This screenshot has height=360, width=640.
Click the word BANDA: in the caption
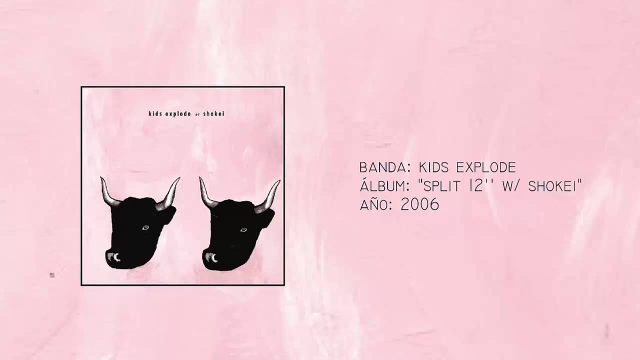[x=381, y=167]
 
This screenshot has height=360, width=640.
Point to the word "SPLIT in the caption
[x=438, y=186]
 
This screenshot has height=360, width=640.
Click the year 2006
[x=419, y=204]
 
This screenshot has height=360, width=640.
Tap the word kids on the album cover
[x=156, y=113]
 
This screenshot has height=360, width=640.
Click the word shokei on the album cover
[x=214, y=113]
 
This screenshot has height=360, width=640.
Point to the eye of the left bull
[x=145, y=228]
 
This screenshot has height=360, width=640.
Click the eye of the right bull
[x=243, y=229]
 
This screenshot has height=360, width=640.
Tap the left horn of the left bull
[x=108, y=192]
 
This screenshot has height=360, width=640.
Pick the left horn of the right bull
[x=207, y=192]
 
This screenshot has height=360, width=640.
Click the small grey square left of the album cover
[x=52, y=274]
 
